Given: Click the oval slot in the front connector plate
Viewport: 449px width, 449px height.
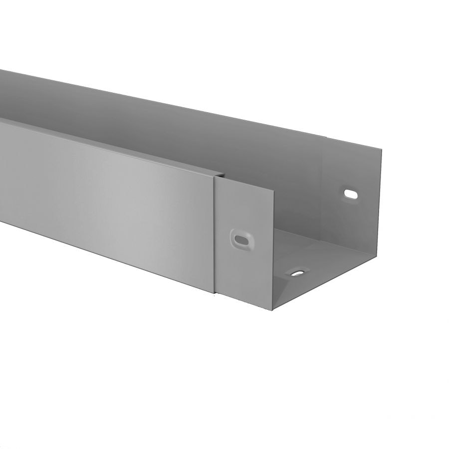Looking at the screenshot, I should click(241, 239).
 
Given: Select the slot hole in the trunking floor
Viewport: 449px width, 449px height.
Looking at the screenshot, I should click(298, 273).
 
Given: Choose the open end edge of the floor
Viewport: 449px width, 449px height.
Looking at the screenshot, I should click(329, 284).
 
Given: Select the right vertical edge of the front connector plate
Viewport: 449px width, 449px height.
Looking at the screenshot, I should click(273, 249).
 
